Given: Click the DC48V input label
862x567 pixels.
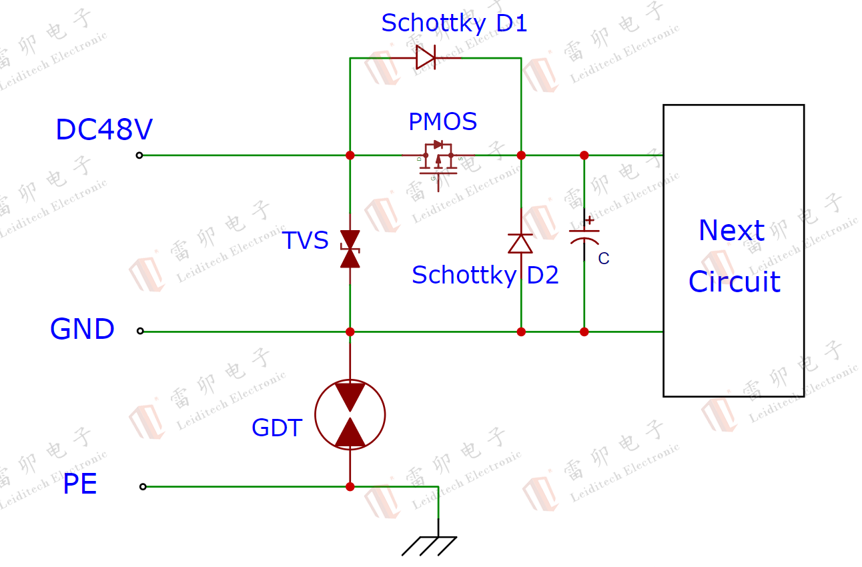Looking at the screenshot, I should (103, 130).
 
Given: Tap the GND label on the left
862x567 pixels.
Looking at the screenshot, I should (82, 330).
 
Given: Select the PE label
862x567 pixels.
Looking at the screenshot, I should (79, 484).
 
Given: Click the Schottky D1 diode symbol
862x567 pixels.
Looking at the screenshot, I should (426, 57).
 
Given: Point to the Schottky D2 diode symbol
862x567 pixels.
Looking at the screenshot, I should (520, 243).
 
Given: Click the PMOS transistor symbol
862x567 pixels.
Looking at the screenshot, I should (438, 160).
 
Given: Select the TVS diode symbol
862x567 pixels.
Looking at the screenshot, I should (350, 249).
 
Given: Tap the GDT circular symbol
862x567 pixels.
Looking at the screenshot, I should (350, 414).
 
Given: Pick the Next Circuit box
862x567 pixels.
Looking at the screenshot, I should (733, 250).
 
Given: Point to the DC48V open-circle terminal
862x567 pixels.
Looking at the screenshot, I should (139, 155).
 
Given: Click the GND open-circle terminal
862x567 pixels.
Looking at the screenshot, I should (140, 331).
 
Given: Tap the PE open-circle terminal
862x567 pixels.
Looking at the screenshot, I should (143, 487).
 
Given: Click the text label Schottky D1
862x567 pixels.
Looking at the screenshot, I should (454, 24).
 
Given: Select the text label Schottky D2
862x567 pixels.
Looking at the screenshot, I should (485, 275).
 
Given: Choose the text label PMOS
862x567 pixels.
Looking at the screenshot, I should (442, 122).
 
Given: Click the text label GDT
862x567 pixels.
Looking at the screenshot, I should (276, 428).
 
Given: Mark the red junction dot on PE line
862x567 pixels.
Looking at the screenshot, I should (350, 487).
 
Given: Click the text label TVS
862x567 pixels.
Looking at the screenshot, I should (305, 241).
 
